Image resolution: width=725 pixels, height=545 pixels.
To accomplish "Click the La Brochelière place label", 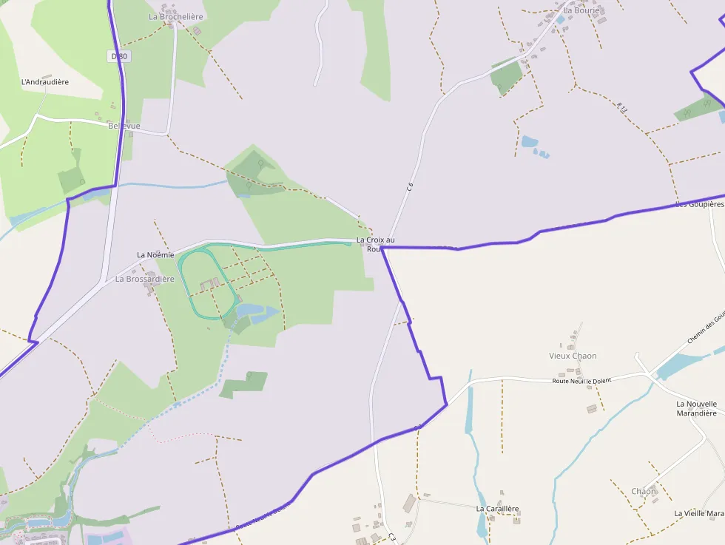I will [176, 16].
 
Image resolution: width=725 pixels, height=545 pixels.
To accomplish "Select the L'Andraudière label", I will [45, 82].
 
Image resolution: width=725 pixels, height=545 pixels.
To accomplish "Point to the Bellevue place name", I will [124, 126].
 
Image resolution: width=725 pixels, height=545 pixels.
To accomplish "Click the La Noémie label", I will [155, 255].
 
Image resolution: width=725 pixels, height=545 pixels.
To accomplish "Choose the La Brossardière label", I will [145, 280].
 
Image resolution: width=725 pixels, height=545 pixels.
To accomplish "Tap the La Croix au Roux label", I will [375, 244].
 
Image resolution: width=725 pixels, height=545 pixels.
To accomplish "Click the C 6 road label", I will [409, 188].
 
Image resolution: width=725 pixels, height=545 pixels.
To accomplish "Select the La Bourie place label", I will [581, 11].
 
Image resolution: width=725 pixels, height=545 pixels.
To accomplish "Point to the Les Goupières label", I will [699, 204].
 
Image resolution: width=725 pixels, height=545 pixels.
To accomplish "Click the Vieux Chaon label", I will [573, 356].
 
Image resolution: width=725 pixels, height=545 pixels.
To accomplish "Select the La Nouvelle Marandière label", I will [697, 408].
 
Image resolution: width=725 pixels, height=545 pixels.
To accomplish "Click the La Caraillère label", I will [497, 509].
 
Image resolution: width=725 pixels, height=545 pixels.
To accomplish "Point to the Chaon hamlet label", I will [644, 491].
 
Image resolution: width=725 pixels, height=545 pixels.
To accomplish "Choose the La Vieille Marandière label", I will [698, 513].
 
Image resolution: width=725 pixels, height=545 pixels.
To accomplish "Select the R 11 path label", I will [622, 106].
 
